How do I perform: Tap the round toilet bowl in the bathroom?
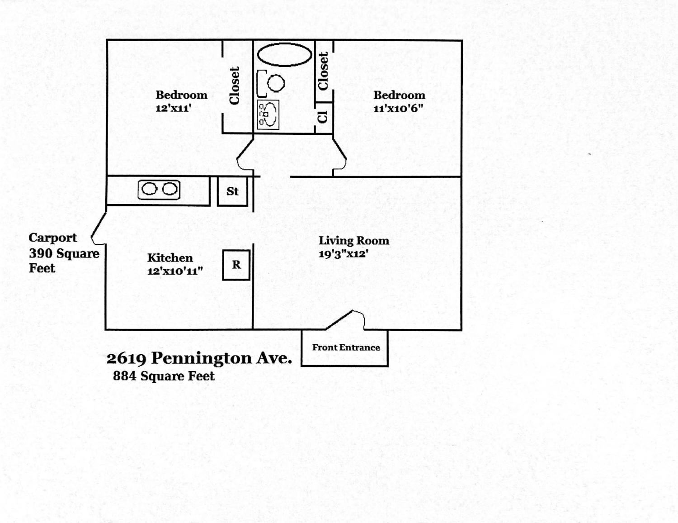(x=276, y=83)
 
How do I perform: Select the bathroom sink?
(x=268, y=114)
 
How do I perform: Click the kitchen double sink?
(x=159, y=190)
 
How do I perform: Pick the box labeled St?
(x=232, y=191)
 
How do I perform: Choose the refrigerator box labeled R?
(x=236, y=265)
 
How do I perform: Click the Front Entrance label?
(x=346, y=347)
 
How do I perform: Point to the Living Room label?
(x=354, y=241)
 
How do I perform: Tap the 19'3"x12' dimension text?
(x=341, y=254)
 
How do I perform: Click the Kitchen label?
(x=170, y=258)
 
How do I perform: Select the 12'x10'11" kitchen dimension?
(x=175, y=271)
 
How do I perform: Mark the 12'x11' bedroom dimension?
(x=173, y=108)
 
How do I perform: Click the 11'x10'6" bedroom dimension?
(x=398, y=108)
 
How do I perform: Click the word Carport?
(x=53, y=238)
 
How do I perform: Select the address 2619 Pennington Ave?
(x=199, y=358)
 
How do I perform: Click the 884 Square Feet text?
(x=164, y=376)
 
